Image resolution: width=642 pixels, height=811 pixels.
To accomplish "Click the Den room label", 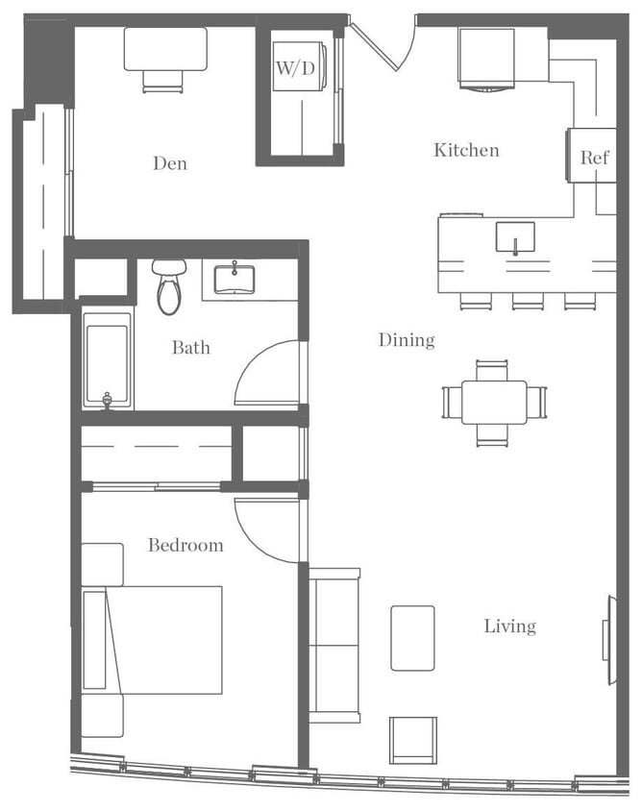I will tap(169, 163).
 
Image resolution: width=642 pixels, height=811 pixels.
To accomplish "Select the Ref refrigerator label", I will tap(593, 158).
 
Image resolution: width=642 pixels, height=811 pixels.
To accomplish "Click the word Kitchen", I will tap(466, 150).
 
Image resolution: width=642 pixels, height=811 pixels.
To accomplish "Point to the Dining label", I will tap(406, 339).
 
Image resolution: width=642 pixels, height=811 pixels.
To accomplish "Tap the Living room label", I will tap(509, 627).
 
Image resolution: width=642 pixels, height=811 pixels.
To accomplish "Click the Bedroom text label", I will tap(185, 545).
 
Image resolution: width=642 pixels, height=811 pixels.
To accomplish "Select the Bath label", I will tap(191, 347).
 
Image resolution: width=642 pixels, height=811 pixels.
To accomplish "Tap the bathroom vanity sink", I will tap(234, 281).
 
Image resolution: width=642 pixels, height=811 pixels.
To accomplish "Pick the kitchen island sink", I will tap(515, 237).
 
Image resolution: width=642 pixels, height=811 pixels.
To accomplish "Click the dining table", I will tap(494, 402).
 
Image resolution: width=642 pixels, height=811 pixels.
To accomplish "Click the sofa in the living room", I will tap(334, 644).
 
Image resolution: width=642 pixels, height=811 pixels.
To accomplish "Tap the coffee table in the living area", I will tap(412, 638).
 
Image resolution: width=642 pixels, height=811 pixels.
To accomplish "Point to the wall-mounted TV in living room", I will tap(610, 640).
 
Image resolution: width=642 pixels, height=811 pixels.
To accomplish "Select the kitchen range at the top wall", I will tap(485, 58).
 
